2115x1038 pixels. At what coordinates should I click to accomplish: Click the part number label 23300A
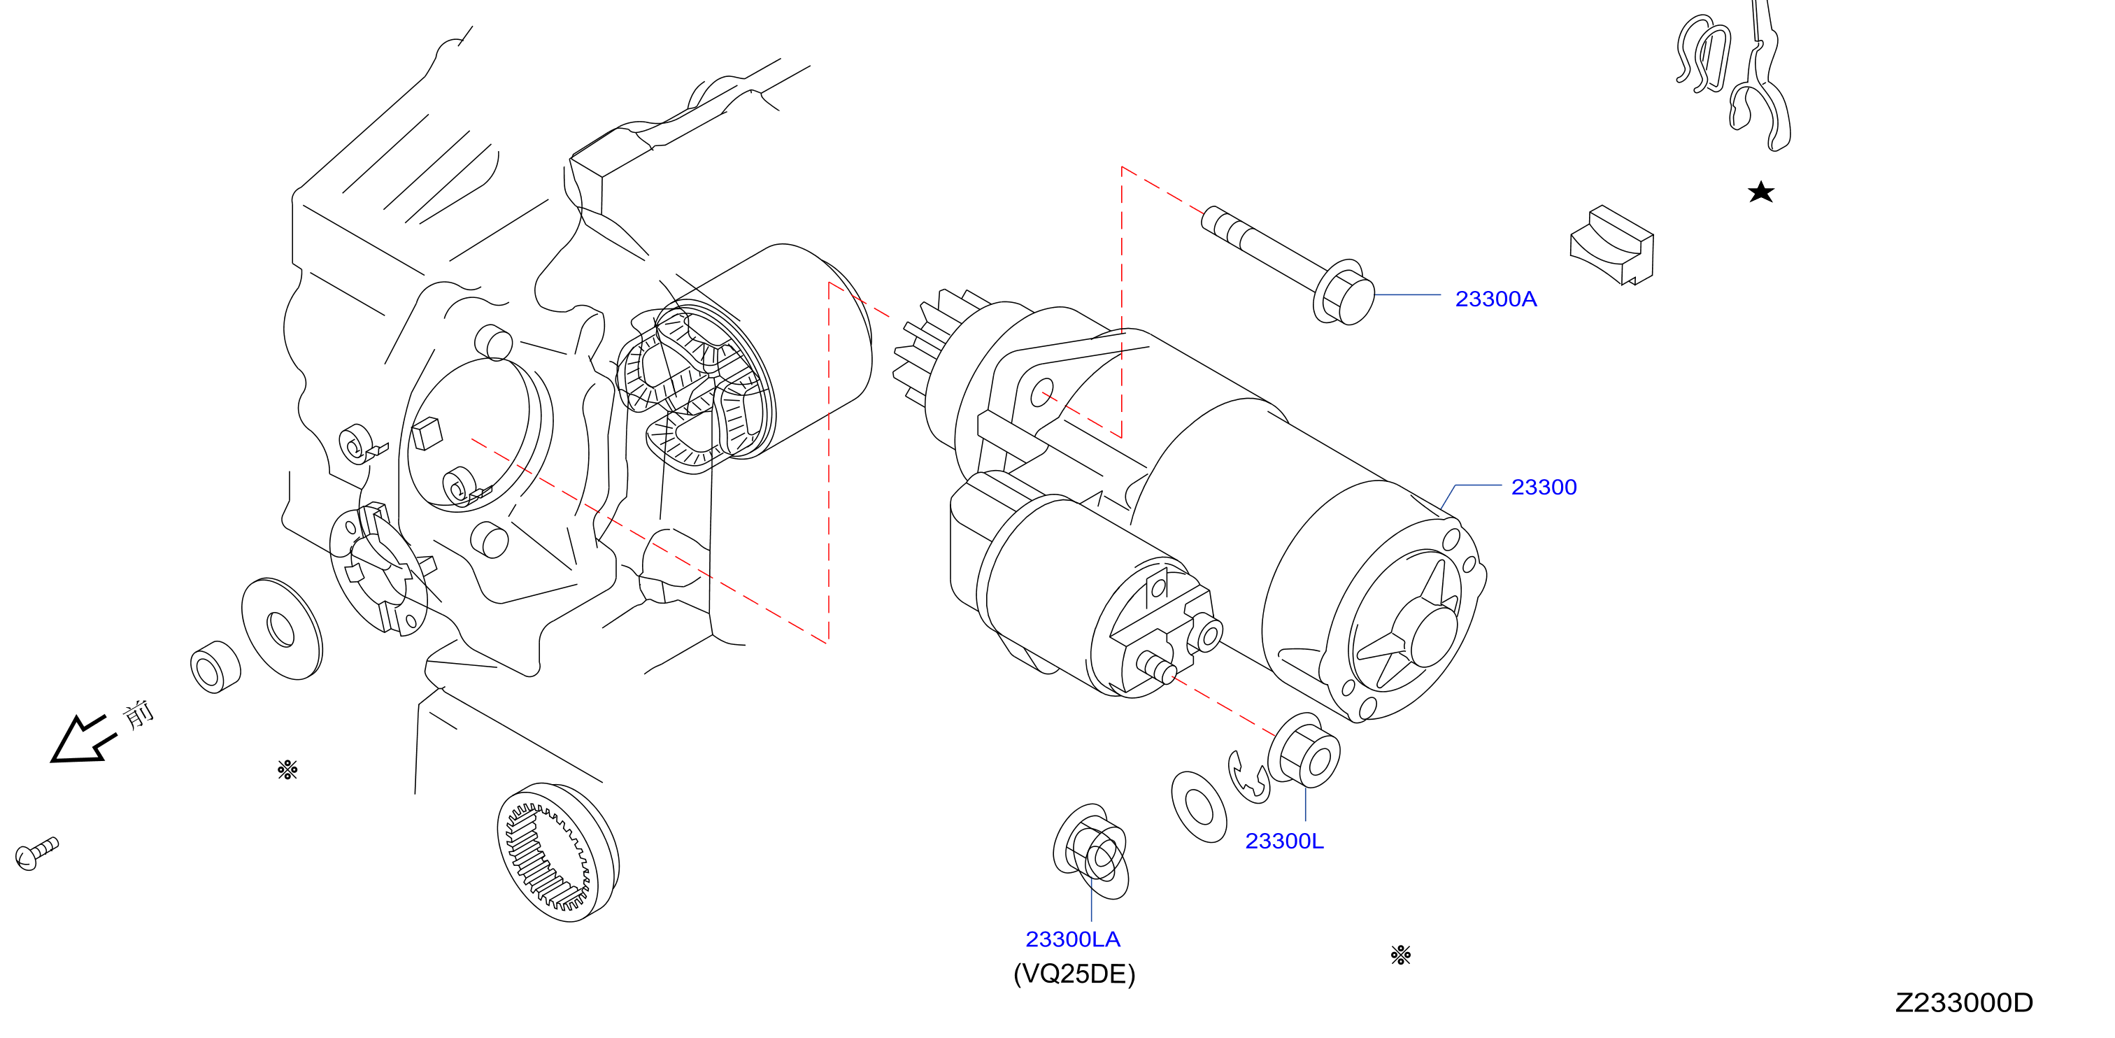click(x=1495, y=299)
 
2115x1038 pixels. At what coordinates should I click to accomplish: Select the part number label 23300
click(x=1544, y=487)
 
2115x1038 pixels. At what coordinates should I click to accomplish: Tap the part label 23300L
click(x=1284, y=841)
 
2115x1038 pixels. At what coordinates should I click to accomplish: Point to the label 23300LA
click(x=1072, y=939)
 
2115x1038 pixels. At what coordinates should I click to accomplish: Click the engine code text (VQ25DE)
click(x=1074, y=974)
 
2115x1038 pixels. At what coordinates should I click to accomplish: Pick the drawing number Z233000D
click(x=1964, y=1003)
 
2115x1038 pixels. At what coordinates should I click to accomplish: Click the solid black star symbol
click(x=1760, y=192)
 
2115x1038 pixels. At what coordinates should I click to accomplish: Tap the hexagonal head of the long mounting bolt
click(x=1344, y=293)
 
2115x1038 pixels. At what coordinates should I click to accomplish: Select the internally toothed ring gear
click(x=557, y=851)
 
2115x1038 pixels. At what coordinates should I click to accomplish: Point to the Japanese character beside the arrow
click(x=138, y=714)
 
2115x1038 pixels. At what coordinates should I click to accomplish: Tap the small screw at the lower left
click(x=36, y=853)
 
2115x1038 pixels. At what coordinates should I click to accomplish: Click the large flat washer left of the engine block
click(x=282, y=629)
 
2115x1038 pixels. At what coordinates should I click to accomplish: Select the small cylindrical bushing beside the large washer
click(x=215, y=667)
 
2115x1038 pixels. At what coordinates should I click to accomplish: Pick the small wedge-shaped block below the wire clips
click(x=1611, y=246)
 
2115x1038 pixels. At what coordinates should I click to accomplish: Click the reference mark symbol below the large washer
click(x=287, y=769)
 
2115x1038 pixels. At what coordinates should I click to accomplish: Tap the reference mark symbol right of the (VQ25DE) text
click(x=1401, y=954)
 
